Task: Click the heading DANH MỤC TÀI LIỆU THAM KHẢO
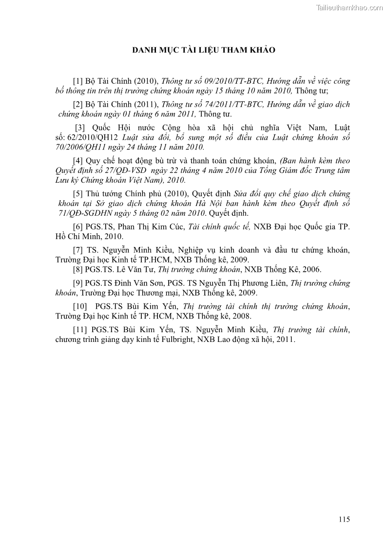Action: [x=204, y=50]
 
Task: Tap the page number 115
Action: [x=344, y=519]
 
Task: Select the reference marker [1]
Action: [x=77, y=81]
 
